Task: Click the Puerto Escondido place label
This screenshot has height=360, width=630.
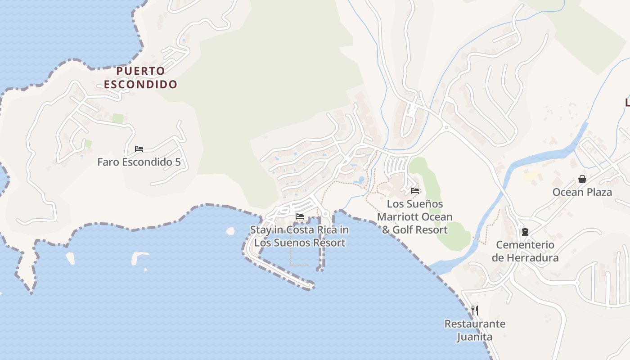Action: [140, 77]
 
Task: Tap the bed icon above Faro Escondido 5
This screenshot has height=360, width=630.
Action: [139, 149]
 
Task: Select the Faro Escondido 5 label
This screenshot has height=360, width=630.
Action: [139, 162]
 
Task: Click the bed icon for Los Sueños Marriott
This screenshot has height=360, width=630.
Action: [415, 191]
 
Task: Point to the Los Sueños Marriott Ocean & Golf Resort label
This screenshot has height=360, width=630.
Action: [415, 217]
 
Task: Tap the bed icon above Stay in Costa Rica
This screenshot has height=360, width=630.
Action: [300, 217]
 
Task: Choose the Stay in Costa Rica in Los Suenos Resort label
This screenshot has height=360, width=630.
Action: [300, 236]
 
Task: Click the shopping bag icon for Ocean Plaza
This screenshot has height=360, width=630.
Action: [582, 179]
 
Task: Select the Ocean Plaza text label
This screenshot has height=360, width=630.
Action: [582, 193]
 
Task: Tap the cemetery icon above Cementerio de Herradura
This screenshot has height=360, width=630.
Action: [525, 232]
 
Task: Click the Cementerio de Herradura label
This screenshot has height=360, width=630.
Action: [525, 252]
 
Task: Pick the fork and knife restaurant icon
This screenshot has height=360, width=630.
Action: [475, 310]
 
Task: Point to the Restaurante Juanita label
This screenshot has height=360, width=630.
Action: [475, 330]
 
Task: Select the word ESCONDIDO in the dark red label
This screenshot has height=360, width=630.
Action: [140, 84]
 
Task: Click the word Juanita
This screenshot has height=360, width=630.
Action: [475, 337]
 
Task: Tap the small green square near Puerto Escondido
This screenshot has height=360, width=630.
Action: [118, 118]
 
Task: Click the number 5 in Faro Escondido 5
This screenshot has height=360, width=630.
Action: [178, 162]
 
